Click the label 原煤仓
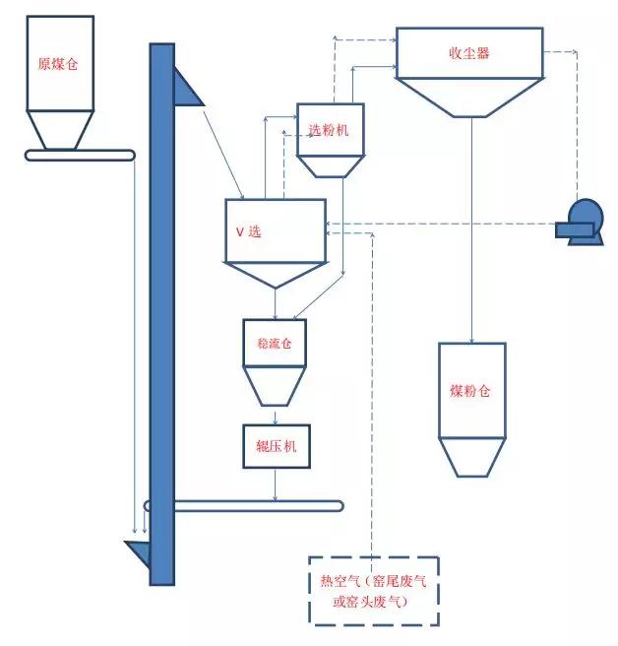click(x=57, y=63)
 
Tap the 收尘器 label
click(x=468, y=53)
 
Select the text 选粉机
click(x=330, y=130)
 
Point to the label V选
click(x=248, y=231)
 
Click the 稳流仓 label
click(x=275, y=344)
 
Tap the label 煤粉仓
click(x=469, y=391)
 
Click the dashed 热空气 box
click(x=373, y=590)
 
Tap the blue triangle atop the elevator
click(x=186, y=87)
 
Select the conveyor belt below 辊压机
click(x=246, y=506)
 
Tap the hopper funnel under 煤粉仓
click(x=470, y=457)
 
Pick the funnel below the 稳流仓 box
click(x=275, y=385)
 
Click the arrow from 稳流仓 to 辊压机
click(x=276, y=415)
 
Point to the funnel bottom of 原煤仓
click(x=59, y=129)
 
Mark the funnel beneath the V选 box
click(x=276, y=275)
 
